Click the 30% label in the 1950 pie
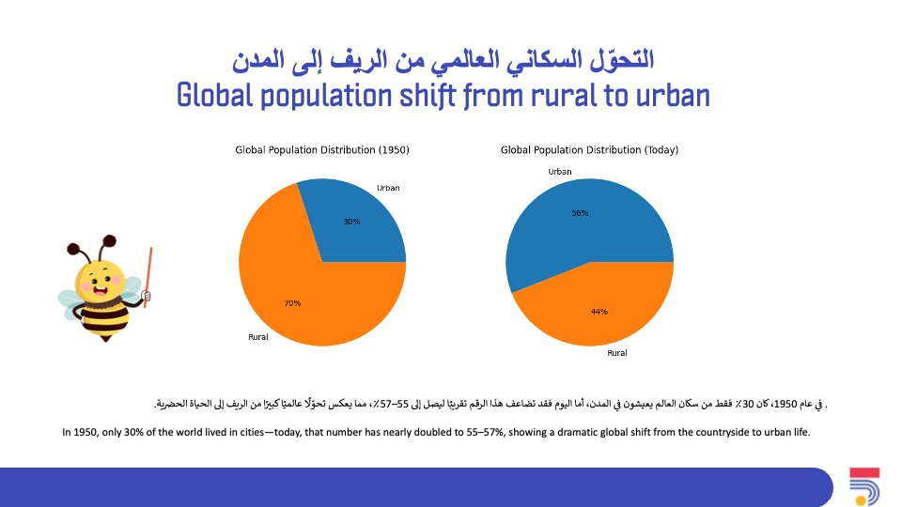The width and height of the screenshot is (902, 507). pos(351,222)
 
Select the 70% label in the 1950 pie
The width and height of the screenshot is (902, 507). pos(292,303)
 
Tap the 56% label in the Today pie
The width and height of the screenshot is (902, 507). pos(580,213)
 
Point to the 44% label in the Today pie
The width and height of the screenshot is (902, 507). pos(599,312)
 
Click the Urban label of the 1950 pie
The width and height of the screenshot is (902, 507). pos(388,188)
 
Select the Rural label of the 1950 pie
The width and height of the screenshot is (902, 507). pos(258,337)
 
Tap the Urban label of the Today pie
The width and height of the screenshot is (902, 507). pos(560,171)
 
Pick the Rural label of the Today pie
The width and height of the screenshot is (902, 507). pos(617,353)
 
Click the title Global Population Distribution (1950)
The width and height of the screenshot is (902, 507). pos(322,150)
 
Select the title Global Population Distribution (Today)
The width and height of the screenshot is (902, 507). pos(590,150)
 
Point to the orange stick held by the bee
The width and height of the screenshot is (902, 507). pos(148,277)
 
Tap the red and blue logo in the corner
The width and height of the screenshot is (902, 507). pos(864,486)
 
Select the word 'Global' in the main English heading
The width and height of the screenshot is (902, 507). pos(214,96)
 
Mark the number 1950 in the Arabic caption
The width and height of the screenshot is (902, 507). pos(785,404)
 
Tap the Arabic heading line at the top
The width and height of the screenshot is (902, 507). pos(443,60)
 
